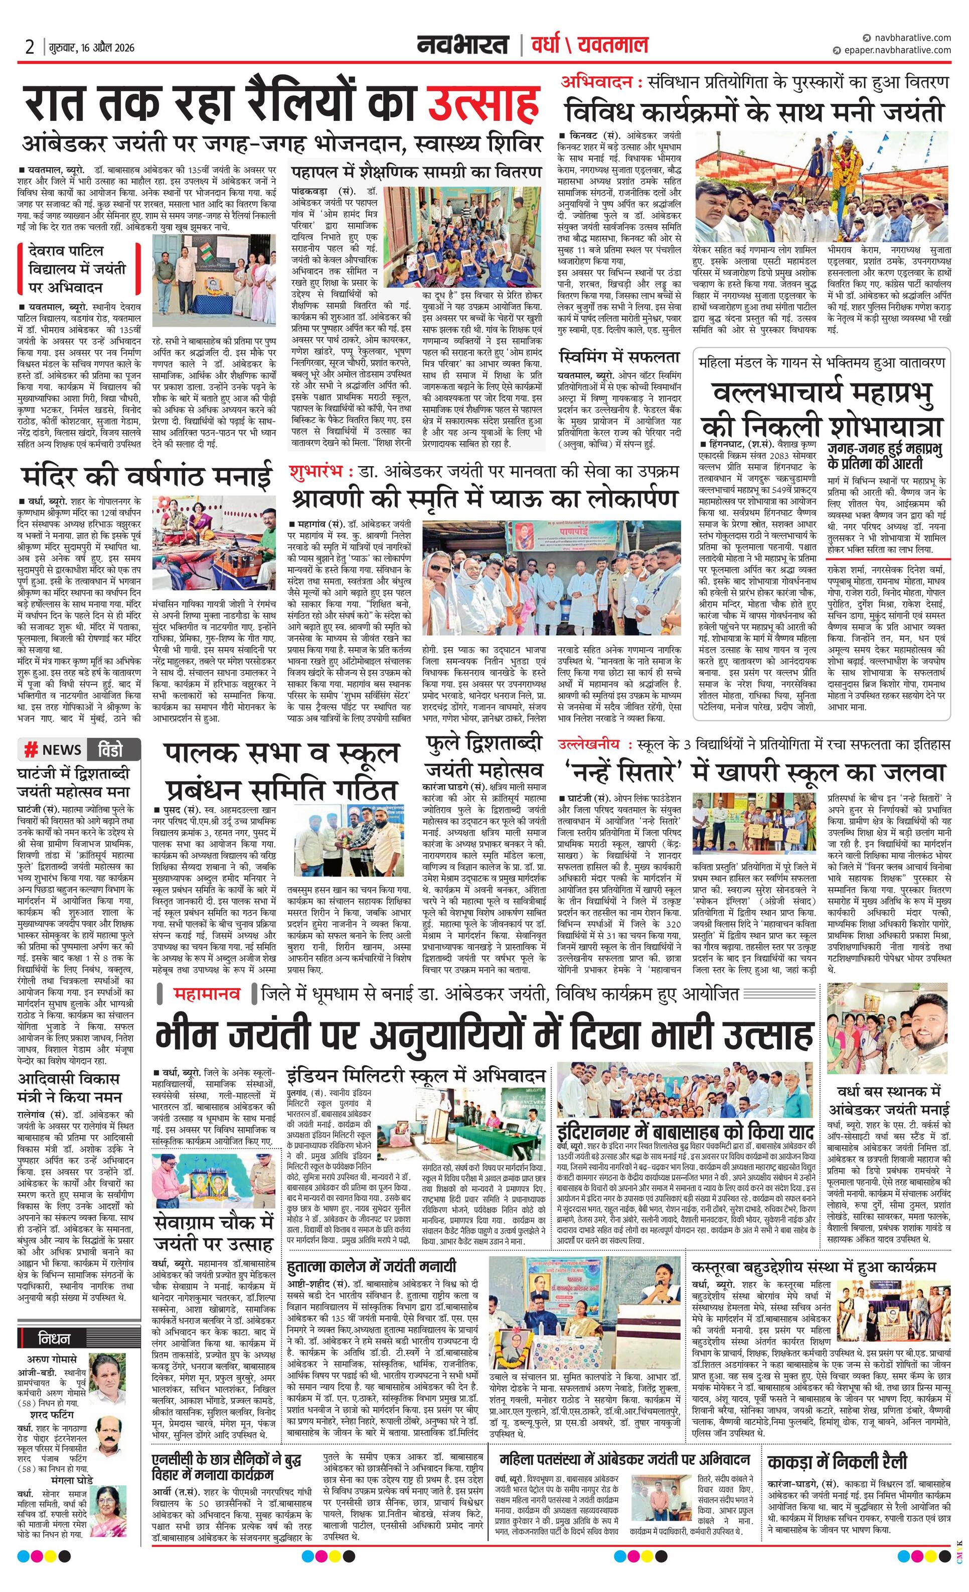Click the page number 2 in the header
tap(29, 47)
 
